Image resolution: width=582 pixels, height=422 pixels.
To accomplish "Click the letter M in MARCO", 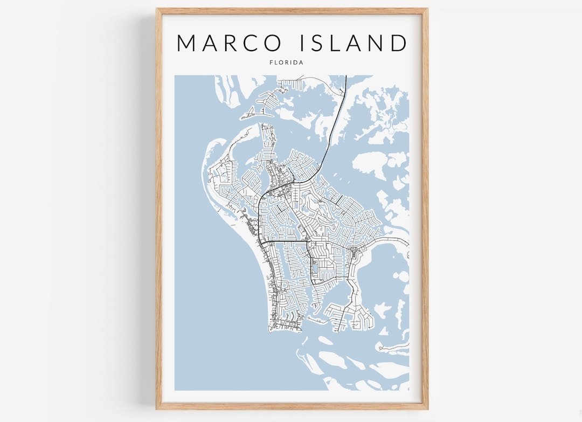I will tap(189, 43).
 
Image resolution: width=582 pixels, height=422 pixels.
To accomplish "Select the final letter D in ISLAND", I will tap(399, 43).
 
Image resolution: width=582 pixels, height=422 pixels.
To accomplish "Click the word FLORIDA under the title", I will tap(286, 63).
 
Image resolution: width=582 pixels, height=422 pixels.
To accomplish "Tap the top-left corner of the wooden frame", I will tap(157, 9).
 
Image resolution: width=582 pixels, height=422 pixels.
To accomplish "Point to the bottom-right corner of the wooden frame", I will tap(427, 409).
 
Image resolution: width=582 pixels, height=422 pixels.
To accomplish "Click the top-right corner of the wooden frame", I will tap(427, 9).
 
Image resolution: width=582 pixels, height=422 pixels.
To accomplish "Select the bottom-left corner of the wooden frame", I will tap(157, 409).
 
